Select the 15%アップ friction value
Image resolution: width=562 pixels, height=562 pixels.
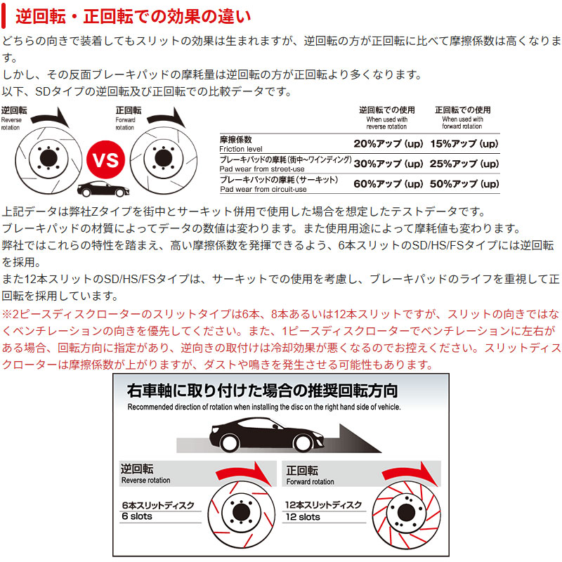coord(464,144)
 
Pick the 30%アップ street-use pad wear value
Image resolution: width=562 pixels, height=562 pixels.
coord(388,164)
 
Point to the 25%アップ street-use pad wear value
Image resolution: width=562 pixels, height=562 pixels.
coord(464,164)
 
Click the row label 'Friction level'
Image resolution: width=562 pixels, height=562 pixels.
coord(240,150)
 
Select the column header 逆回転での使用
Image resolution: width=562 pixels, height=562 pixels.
coord(386,110)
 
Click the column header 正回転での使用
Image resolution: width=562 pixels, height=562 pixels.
coord(462,110)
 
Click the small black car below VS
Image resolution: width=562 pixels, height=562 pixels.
coord(97,190)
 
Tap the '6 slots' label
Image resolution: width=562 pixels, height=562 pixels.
coord(137,516)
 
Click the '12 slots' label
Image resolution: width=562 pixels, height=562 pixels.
coord(303,516)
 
